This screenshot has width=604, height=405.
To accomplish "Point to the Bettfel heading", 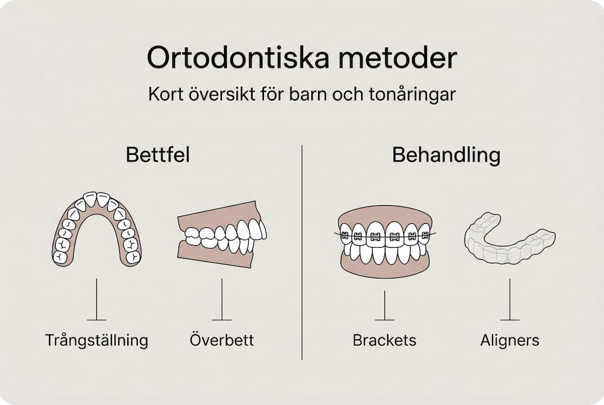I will point(158,155).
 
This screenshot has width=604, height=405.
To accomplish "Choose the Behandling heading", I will point(446,155).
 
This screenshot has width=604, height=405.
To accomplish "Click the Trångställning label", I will point(96,340).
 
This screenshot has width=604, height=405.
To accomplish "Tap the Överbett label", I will point(222,340).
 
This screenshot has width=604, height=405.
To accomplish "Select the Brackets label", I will point(384,340).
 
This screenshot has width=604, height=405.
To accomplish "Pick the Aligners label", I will point(509,340).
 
